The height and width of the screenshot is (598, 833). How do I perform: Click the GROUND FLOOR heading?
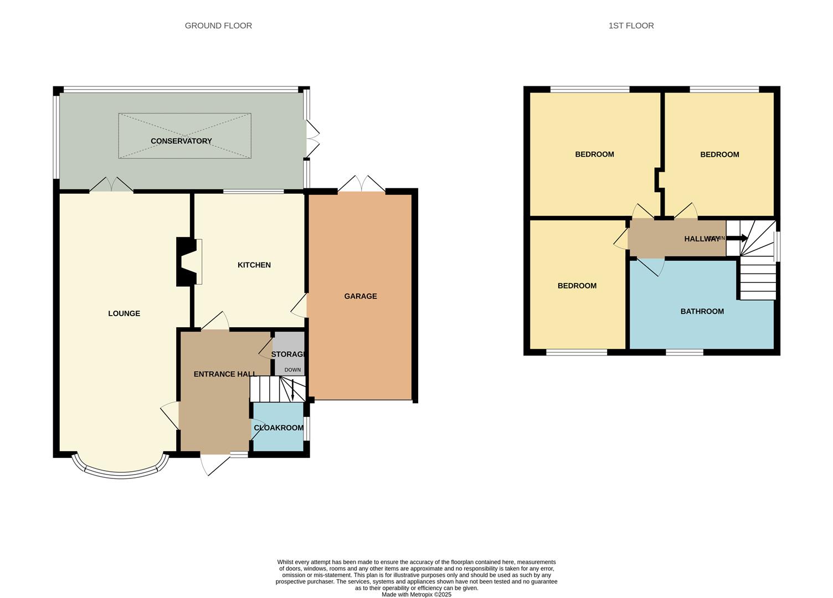point(218,25)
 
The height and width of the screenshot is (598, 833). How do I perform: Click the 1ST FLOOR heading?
point(631,25)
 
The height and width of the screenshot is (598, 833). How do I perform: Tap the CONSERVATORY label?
point(181,141)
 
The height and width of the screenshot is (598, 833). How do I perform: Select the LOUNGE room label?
point(124,313)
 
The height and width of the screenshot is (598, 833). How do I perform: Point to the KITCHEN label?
point(254,265)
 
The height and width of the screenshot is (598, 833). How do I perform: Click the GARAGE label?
point(361,296)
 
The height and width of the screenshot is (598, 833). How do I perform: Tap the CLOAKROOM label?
point(279,428)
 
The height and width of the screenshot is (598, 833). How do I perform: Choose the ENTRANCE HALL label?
point(225,374)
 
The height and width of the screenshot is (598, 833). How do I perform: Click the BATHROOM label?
point(702,311)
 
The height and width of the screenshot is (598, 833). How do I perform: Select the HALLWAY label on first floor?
point(702,239)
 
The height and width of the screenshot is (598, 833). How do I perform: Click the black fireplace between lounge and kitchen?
point(186,262)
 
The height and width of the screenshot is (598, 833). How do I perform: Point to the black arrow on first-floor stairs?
point(737,238)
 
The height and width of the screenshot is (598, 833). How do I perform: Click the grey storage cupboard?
point(289,353)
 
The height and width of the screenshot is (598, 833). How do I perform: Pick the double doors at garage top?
point(362,184)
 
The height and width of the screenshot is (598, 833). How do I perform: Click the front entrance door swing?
point(214,464)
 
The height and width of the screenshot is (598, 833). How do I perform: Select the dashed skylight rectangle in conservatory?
point(185,136)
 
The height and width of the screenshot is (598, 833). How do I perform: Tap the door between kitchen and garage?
point(299,306)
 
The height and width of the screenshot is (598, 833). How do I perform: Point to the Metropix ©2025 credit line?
point(416,594)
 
